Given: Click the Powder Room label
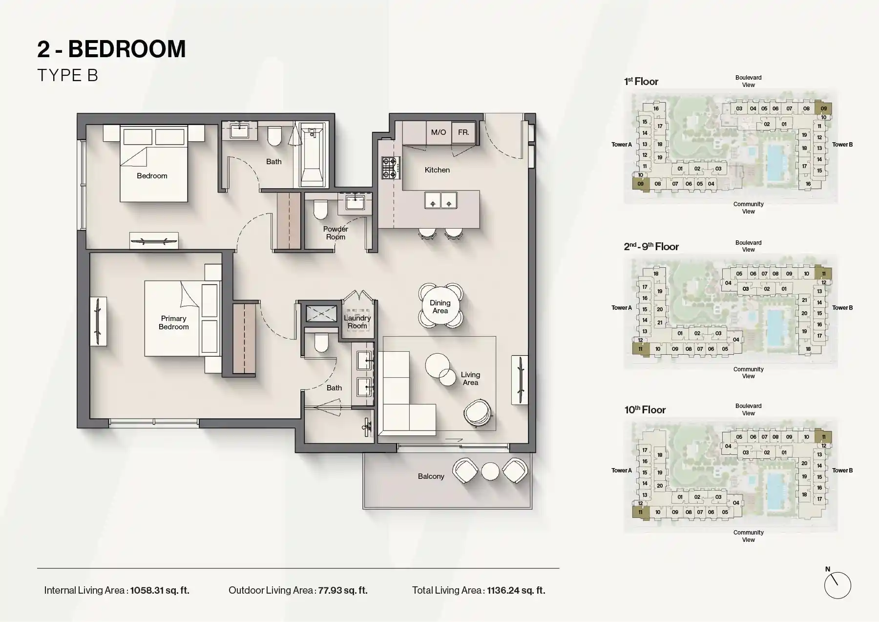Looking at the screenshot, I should click(x=335, y=233).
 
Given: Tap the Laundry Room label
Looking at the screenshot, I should click(x=357, y=322).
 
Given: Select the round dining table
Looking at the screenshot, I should click(x=440, y=306).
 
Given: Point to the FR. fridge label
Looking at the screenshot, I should click(x=463, y=132).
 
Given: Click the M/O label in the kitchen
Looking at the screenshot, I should click(x=438, y=132).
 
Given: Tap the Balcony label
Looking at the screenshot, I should click(x=431, y=476).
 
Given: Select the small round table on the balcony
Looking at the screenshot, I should click(x=490, y=471).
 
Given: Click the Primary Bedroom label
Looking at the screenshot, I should click(x=173, y=322).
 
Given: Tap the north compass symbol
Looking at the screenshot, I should click(x=837, y=584).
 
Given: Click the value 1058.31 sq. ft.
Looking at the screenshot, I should click(x=160, y=590).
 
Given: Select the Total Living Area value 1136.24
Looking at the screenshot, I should click(x=516, y=590).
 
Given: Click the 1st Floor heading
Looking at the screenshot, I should click(x=641, y=82).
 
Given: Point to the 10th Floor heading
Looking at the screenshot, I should click(x=645, y=410).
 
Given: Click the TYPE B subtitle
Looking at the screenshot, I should click(x=67, y=75).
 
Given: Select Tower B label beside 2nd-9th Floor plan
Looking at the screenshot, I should click(x=842, y=308).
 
